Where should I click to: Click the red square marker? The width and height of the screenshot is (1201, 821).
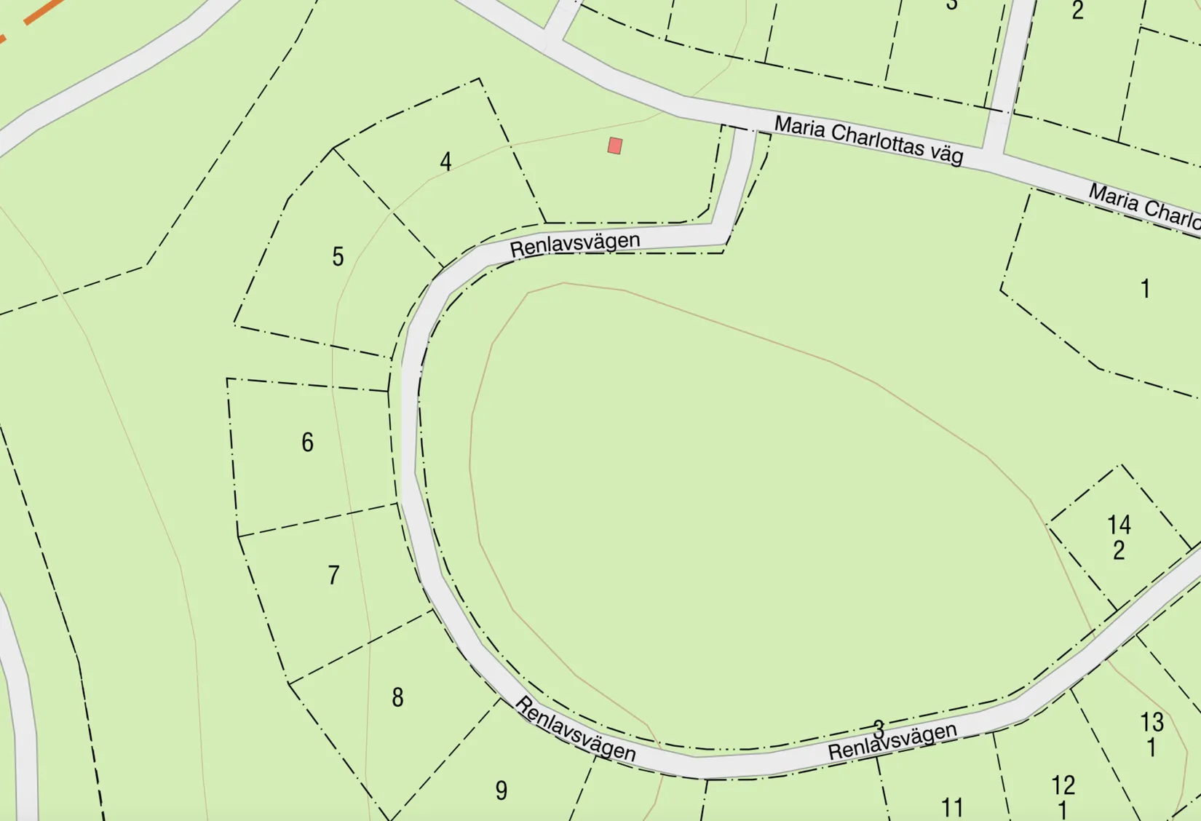coord(615,146)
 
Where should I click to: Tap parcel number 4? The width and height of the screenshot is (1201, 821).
coord(445,161)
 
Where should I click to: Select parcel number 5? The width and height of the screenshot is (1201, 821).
coord(338,256)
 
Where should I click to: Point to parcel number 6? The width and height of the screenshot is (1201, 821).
coord(307,442)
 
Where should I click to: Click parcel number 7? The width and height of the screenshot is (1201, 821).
coord(333,575)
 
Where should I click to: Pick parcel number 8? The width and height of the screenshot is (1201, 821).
coord(397,697)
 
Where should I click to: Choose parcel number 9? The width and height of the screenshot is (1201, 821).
coord(501,790)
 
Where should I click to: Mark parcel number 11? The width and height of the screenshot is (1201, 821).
coord(952,807)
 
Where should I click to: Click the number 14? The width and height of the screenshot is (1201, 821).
coord(1119,525)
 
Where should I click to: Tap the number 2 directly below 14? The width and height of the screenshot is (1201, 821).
coord(1119,550)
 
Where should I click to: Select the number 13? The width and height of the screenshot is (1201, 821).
coord(1152,722)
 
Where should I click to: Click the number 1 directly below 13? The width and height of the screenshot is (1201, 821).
coord(1152,747)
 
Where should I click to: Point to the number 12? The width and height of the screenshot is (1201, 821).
coord(1063,785)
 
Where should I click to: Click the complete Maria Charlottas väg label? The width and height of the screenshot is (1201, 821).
coord(868,140)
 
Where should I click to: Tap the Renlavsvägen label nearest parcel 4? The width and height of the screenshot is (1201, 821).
coord(575,244)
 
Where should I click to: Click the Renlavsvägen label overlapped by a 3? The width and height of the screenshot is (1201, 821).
coord(892,742)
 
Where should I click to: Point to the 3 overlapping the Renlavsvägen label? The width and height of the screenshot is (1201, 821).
coord(879,728)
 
